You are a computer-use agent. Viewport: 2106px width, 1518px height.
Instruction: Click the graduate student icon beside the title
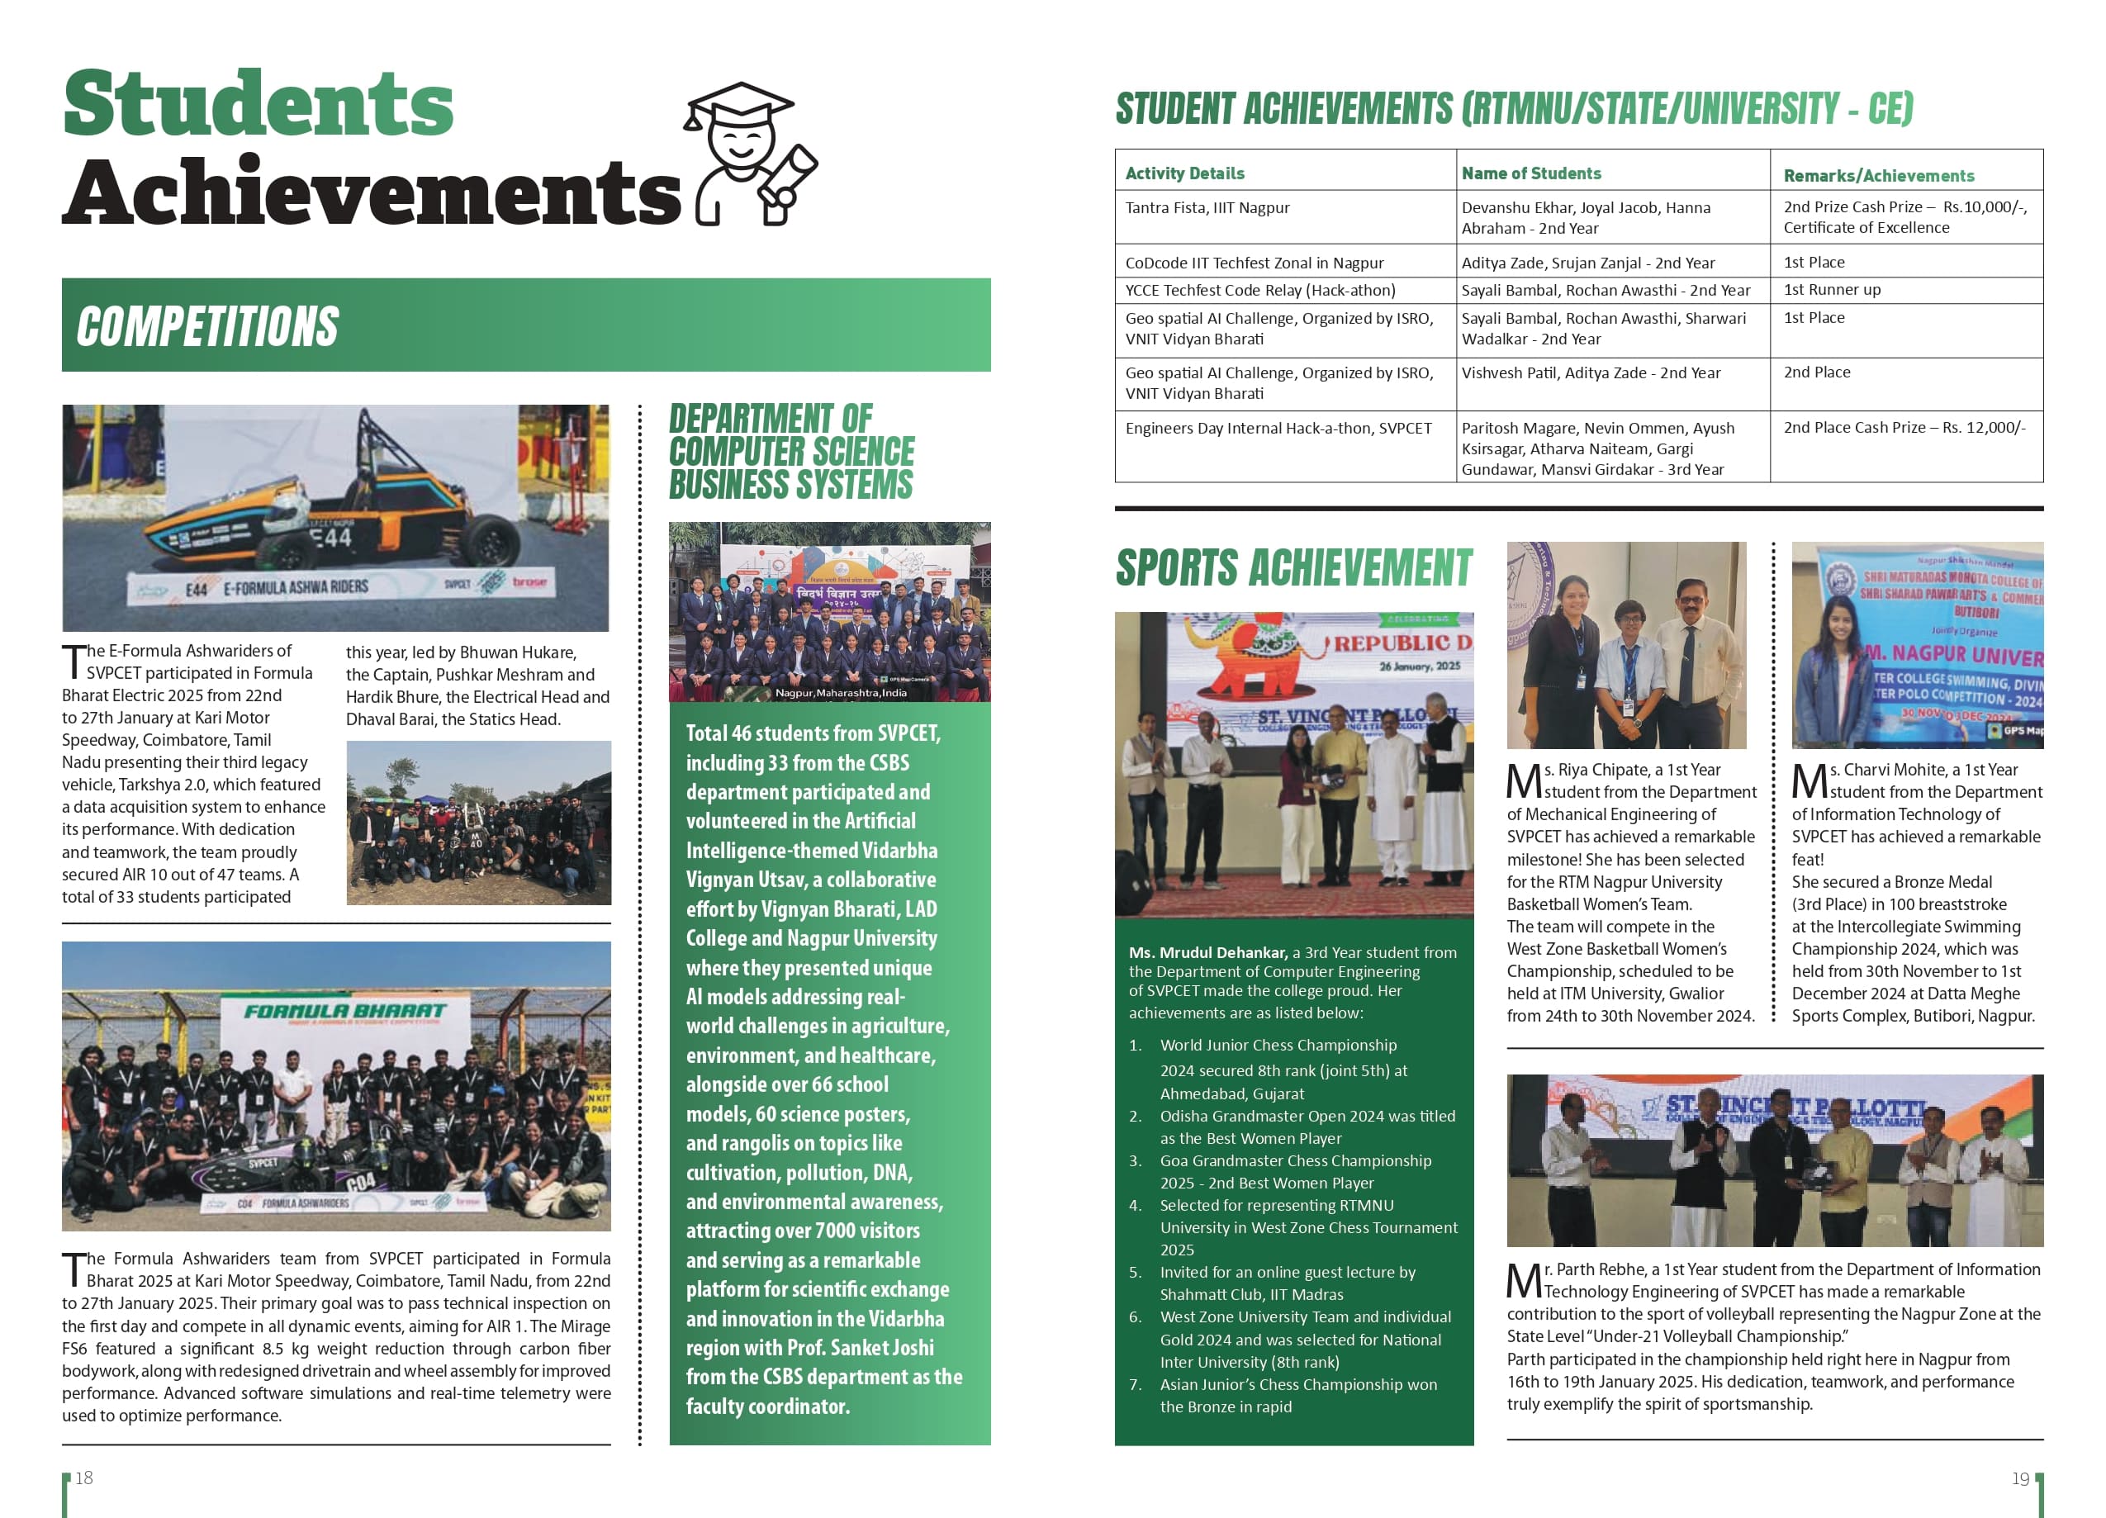(x=748, y=153)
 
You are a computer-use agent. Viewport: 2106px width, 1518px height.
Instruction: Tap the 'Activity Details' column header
(x=1184, y=173)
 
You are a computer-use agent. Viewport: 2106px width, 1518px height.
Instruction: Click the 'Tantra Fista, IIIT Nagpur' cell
(x=1207, y=208)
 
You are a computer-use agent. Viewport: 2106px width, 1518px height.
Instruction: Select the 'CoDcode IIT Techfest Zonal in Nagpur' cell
(x=1254, y=263)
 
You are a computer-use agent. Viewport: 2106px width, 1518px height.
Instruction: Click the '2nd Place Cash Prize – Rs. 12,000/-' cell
(x=1904, y=427)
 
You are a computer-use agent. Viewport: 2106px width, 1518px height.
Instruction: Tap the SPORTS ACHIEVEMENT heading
(x=1293, y=567)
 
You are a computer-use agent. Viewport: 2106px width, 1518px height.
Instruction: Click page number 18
(x=83, y=1478)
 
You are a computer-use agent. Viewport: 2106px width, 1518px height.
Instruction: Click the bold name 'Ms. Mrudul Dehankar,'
(x=1207, y=952)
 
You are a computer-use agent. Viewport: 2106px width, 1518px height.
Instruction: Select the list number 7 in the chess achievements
(x=1135, y=1384)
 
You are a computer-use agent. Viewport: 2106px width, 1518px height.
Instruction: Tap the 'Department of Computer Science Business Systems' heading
(x=791, y=452)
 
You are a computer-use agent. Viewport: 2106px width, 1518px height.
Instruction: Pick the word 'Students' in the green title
(x=259, y=104)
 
